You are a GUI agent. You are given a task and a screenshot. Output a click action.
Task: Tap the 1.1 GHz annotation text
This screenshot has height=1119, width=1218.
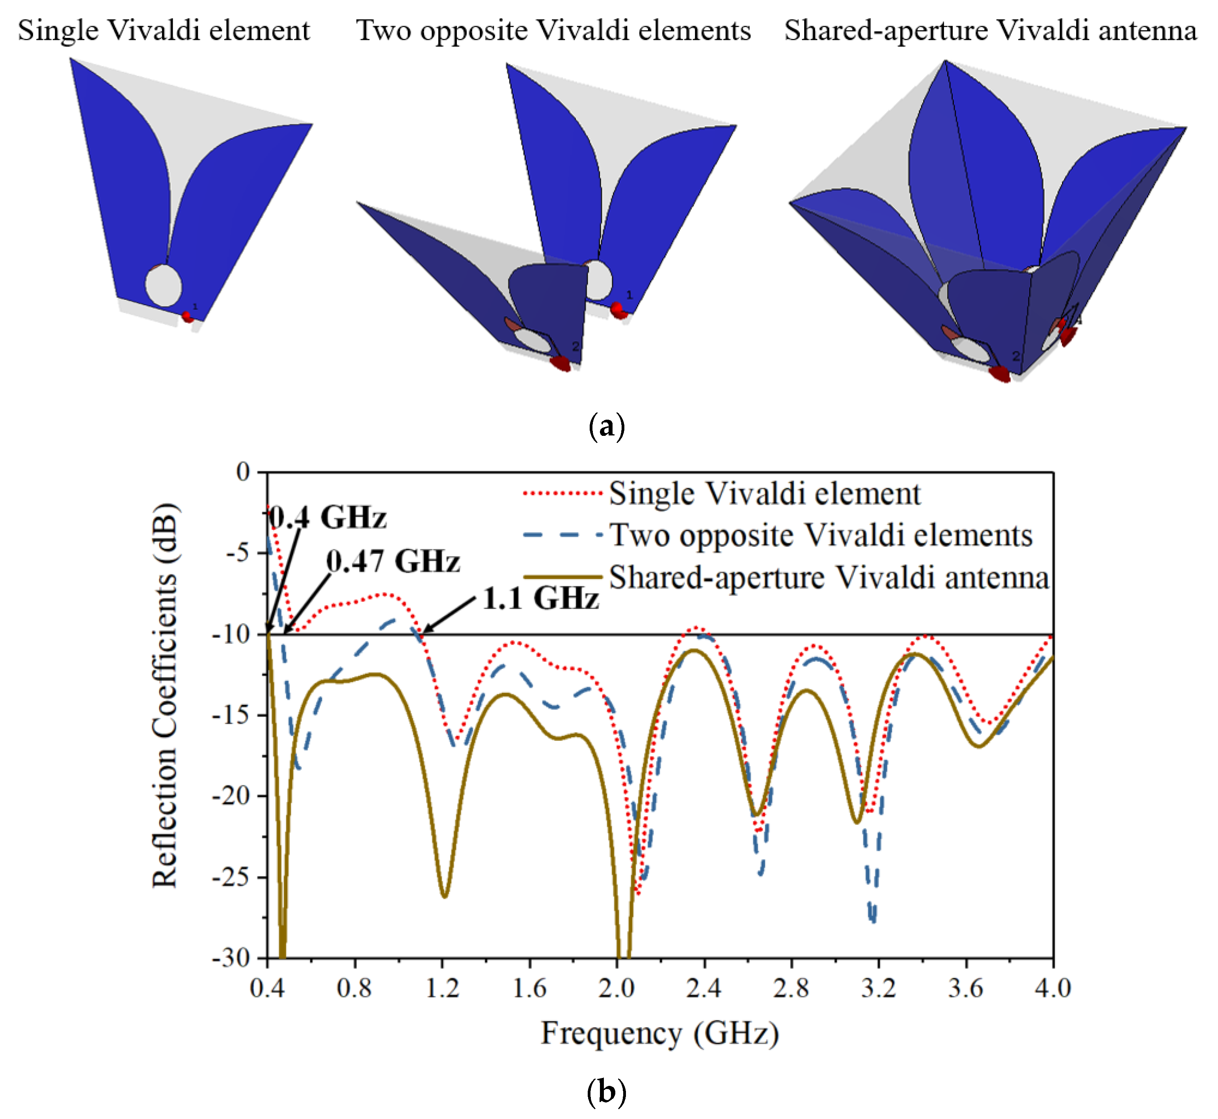[x=540, y=598]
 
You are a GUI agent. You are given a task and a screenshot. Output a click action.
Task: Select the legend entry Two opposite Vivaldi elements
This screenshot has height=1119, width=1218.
[x=820, y=535]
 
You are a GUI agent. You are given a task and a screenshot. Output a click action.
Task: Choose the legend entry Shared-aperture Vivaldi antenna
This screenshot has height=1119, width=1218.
[x=828, y=577]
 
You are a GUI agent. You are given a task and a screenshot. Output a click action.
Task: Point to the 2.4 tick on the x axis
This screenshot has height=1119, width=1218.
[x=704, y=988]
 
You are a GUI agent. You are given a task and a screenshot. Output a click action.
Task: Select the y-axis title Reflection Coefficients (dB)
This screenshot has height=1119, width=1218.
[x=165, y=695]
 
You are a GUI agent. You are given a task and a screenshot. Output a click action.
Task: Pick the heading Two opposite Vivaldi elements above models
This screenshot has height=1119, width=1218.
[x=553, y=30]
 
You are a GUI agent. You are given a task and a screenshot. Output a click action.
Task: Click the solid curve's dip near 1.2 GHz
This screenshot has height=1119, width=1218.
[x=445, y=896]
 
